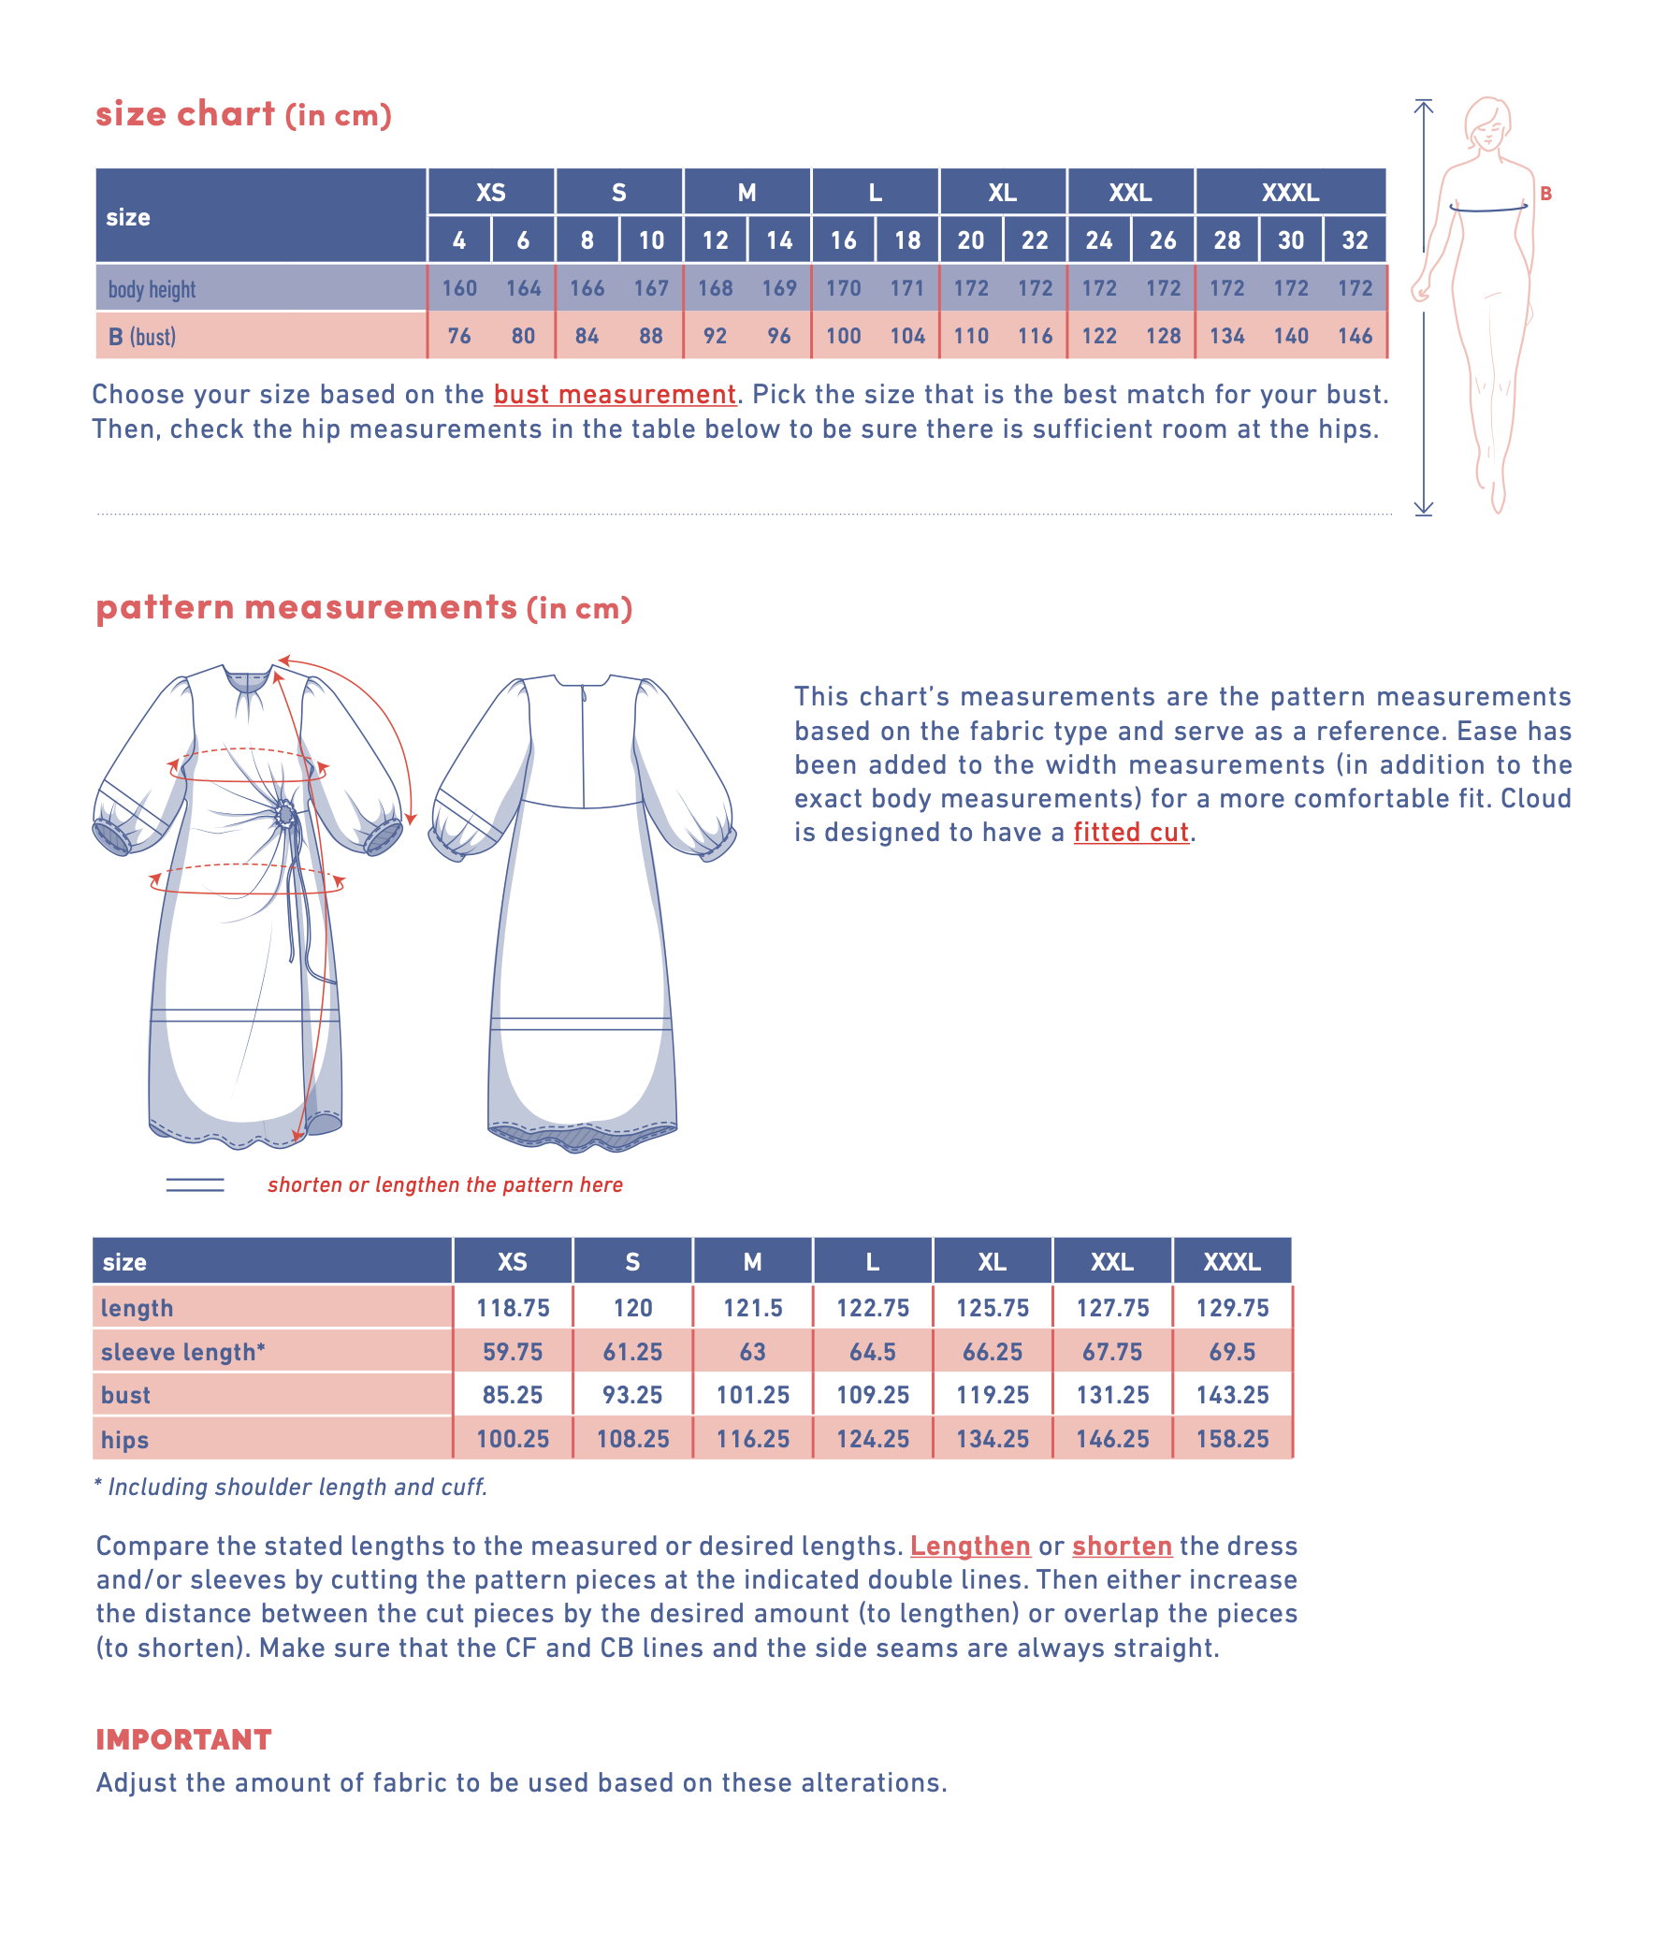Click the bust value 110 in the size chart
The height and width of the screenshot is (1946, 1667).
pos(970,336)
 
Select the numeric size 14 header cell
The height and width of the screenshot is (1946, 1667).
pos(778,240)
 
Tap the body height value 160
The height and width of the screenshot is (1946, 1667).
pos(459,288)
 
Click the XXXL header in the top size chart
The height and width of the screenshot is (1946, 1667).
pos(1289,193)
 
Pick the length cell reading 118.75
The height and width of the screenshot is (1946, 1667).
pos(513,1307)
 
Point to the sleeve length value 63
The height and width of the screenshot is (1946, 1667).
pos(752,1352)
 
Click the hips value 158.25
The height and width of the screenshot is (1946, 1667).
pos(1232,1439)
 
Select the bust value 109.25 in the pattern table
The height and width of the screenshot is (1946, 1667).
pos(873,1395)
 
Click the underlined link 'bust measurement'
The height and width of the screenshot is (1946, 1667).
pos(615,395)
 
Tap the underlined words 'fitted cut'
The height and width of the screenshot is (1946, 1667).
pos(1131,832)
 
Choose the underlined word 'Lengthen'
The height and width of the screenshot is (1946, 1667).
pos(970,1546)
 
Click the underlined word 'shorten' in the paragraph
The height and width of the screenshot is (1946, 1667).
pos(1122,1546)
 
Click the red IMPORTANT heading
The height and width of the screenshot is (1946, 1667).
pos(184,1739)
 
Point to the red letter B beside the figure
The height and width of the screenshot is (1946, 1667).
pos(1544,194)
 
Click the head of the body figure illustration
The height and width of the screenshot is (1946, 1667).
pos(1488,123)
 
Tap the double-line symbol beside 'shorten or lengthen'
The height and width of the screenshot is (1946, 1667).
pos(196,1185)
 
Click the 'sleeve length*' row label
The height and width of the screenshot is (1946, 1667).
pos(183,1352)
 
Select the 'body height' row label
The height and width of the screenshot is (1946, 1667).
pos(152,289)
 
